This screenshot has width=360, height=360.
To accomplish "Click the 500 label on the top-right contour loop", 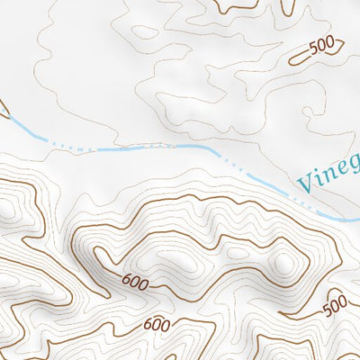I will (321, 48).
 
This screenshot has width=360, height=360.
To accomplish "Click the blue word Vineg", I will (329, 175).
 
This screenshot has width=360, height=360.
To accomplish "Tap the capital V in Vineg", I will (307, 184).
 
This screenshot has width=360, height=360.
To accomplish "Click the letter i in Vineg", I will (319, 180).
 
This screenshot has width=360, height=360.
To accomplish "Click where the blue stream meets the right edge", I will (357, 222).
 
